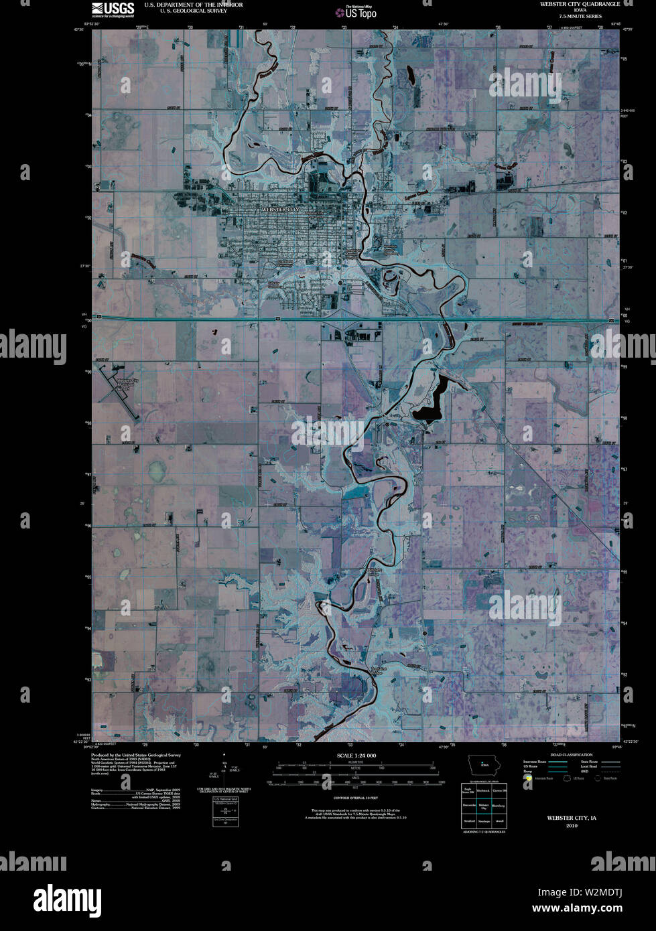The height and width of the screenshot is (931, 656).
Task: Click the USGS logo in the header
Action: pos(113,9)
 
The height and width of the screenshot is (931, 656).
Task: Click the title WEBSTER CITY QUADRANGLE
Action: pos(580,4)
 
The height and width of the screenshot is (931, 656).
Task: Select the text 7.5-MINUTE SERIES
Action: pos(580,16)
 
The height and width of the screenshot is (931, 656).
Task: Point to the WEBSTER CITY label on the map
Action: pos(281,210)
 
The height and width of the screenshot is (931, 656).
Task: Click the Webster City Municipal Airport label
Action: pos(127,385)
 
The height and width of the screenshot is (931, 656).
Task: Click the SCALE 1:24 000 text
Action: pos(356,756)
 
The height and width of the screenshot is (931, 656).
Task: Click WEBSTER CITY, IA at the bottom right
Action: pos(571,818)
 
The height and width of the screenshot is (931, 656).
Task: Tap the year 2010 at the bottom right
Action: pos(571,826)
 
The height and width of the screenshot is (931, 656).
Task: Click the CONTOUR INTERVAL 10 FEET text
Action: pos(356,798)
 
